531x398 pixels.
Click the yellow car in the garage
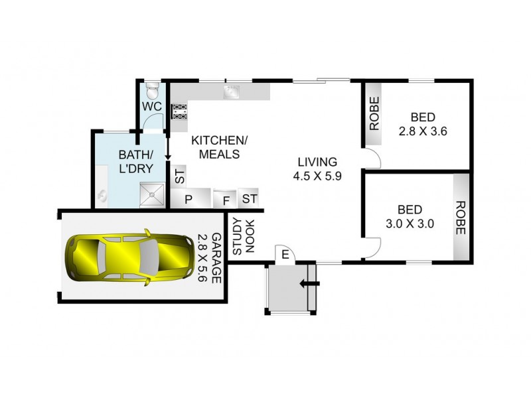122,256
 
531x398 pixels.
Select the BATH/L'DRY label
135,161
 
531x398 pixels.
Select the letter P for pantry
188,200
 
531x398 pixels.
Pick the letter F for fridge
226,200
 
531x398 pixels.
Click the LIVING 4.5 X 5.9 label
318,169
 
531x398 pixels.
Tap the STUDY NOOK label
244,237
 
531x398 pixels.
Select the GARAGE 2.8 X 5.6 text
209,256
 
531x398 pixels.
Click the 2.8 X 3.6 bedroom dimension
422,131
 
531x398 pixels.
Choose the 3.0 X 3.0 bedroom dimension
410,224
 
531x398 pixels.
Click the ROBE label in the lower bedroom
460,218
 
